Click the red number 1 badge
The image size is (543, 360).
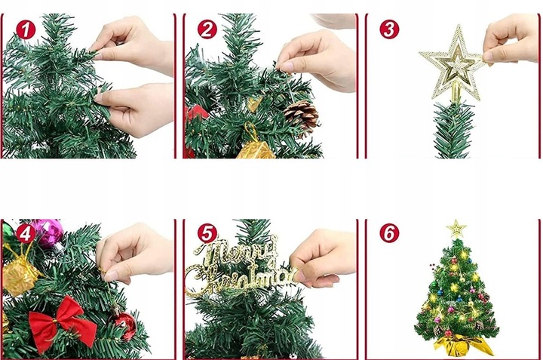point(27,29)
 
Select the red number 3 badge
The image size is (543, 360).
point(389,29)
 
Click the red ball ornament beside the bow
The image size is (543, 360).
point(124,325)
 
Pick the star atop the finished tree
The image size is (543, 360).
point(456,228)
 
